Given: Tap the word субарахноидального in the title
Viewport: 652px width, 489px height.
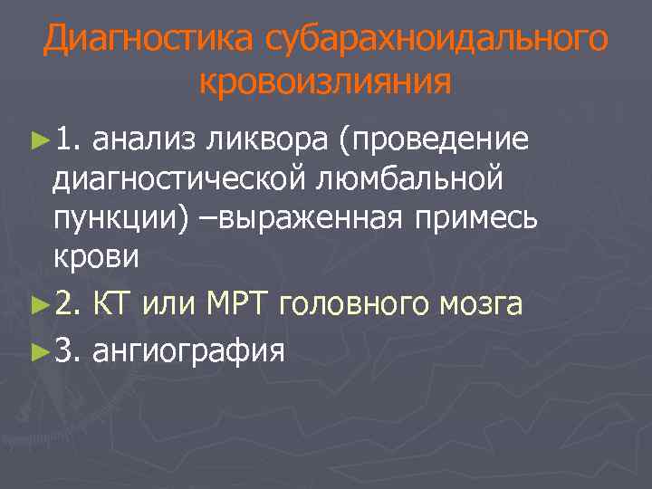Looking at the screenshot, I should (436, 40).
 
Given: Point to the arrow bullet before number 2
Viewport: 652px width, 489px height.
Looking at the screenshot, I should (37, 304).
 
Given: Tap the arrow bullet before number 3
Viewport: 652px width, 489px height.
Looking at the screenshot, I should (37, 349).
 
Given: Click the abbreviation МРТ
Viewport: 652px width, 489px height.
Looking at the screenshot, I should (240, 304).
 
